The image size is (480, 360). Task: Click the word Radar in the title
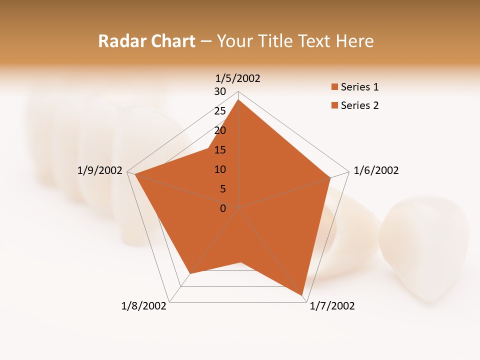(118, 41)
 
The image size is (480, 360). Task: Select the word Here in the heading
(355, 41)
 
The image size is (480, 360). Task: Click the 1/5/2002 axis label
(238, 78)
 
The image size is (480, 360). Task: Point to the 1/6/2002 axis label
(376, 170)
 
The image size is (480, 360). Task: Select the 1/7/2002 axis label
(332, 306)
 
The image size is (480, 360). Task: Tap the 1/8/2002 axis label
(144, 306)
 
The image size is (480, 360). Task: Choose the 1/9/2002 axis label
(100, 170)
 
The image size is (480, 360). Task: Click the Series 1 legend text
(359, 87)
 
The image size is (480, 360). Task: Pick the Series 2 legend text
(359, 105)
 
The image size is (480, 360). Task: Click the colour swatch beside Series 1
(334, 87)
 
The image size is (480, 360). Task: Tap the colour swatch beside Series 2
(334, 105)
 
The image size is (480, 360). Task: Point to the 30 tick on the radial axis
(220, 91)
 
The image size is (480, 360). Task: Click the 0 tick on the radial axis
(223, 208)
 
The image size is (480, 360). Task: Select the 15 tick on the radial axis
(220, 150)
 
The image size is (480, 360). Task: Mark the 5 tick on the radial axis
(223, 189)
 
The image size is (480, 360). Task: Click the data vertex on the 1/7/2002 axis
(302, 296)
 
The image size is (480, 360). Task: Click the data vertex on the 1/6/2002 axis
(330, 177)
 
